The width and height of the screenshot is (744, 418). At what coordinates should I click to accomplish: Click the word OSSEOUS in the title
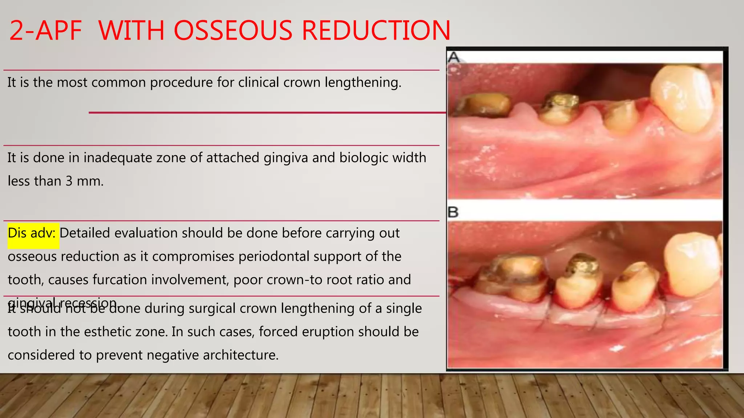235,30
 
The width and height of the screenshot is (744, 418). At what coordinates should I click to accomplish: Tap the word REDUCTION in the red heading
376,30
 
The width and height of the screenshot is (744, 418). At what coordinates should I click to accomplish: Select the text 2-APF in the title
45,30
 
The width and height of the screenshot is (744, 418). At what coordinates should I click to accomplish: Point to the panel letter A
454,57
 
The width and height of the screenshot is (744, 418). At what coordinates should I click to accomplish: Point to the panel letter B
453,212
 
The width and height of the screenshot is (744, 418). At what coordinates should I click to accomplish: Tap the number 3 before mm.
69,181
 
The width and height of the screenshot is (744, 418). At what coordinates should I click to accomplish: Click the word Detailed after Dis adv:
85,233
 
